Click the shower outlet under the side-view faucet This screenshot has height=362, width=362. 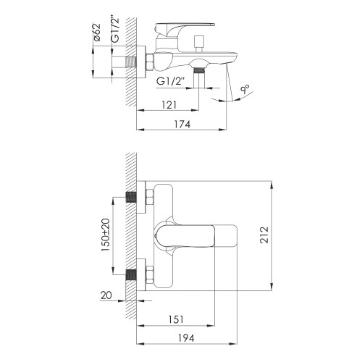199,72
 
